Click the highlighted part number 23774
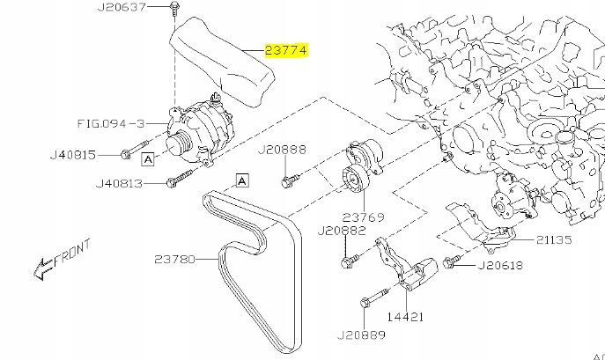[282, 52]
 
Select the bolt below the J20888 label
[288, 182]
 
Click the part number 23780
[182, 259]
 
